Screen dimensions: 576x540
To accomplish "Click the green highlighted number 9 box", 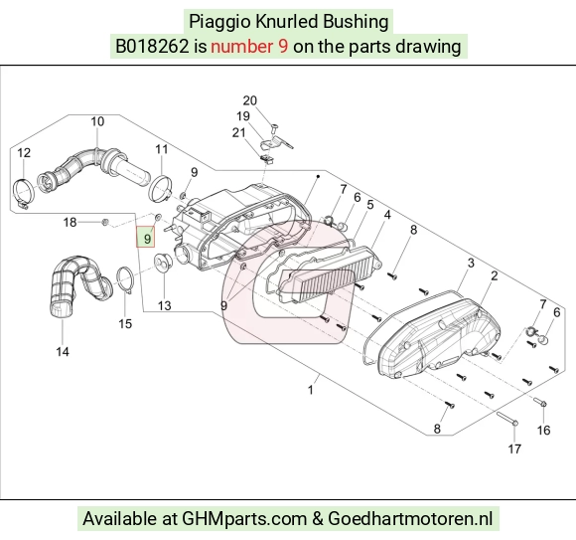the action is click(x=146, y=237).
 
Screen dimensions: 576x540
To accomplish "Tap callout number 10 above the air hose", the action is click(x=97, y=121).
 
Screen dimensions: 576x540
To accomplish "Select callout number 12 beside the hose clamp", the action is click(x=24, y=153).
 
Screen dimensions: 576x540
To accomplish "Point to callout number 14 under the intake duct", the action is click(x=63, y=352).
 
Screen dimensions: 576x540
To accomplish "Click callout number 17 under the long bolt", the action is click(x=514, y=450).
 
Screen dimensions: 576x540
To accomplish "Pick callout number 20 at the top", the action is click(x=250, y=100).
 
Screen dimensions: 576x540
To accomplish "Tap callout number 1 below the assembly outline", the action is click(x=311, y=390).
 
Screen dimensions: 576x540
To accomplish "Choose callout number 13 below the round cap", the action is click(x=165, y=306).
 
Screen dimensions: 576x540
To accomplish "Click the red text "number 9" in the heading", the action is click(x=249, y=47).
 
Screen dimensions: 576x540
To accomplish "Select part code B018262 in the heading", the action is click(x=152, y=47).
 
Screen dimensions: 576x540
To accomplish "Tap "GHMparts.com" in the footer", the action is click(x=244, y=519).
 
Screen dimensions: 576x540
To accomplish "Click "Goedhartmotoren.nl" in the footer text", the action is click(x=409, y=519).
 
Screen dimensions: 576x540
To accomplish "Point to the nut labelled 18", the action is click(x=104, y=222).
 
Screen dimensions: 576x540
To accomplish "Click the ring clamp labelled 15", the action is click(x=125, y=280).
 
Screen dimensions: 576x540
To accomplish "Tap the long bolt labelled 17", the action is click(x=507, y=420).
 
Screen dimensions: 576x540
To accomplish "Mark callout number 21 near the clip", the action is click(x=238, y=132).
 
